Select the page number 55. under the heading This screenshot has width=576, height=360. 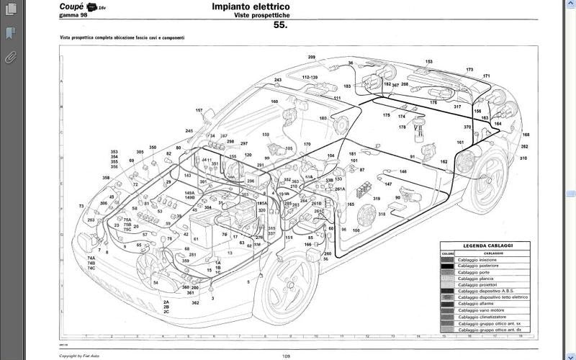pyautogui.click(x=281, y=25)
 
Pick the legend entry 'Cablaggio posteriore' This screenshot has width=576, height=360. pyautogui.click(x=477, y=266)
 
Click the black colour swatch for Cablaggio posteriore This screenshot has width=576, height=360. pyautogui.click(x=447, y=266)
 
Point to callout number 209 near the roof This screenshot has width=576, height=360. pyautogui.click(x=312, y=57)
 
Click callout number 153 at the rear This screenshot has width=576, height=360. pyautogui.click(x=429, y=62)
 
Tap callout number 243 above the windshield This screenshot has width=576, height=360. pyautogui.click(x=278, y=79)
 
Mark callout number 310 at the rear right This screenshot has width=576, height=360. pyautogui.click(x=523, y=158)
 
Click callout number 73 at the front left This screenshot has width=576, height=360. pyautogui.click(x=81, y=206)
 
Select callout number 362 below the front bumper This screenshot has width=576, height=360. pyautogui.click(x=195, y=303)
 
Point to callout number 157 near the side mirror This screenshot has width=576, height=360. pyautogui.click(x=199, y=110)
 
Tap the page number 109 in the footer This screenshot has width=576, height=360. pyautogui.click(x=286, y=356)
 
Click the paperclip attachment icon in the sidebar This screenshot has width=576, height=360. pyautogui.click(x=11, y=58)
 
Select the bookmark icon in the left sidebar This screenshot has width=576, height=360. pyautogui.click(x=11, y=33)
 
